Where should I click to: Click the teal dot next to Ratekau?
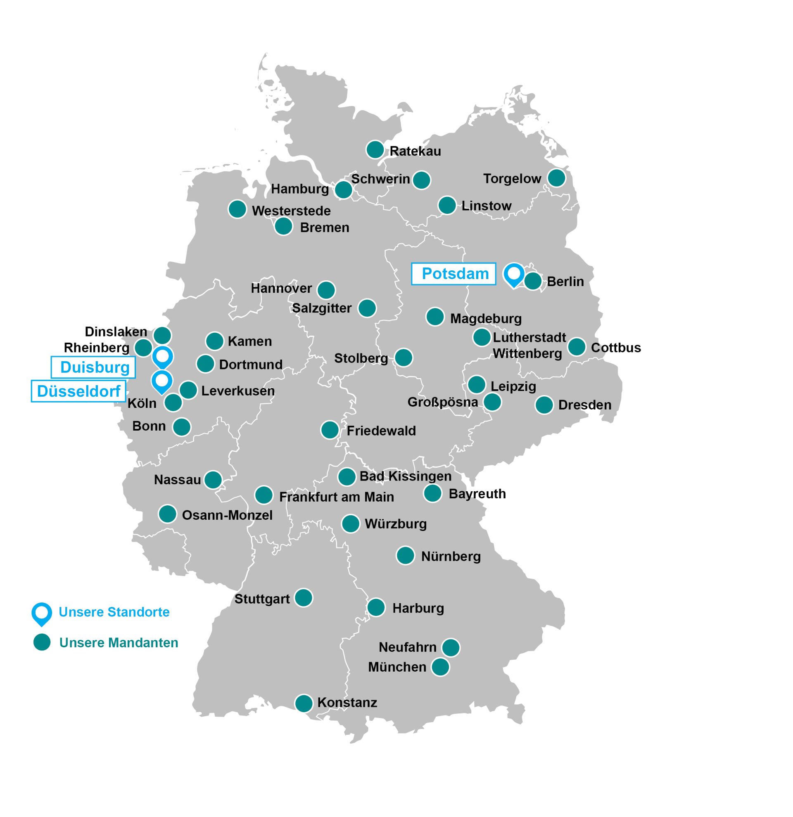(x=375, y=149)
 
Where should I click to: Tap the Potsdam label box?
(x=453, y=274)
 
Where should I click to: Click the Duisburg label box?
(x=93, y=367)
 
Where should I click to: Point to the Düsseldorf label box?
(x=78, y=391)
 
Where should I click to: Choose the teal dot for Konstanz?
(x=304, y=703)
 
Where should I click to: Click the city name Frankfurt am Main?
(x=337, y=497)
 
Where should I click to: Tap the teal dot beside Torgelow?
(x=556, y=178)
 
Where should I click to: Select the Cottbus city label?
(x=616, y=348)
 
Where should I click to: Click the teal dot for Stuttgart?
(x=304, y=598)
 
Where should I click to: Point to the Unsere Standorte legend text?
(x=114, y=612)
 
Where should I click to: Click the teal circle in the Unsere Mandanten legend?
(x=42, y=642)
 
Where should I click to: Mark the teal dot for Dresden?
(x=544, y=405)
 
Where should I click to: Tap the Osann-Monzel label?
(x=227, y=515)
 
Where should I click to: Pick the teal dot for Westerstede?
(x=237, y=209)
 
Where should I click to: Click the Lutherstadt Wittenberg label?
(x=529, y=345)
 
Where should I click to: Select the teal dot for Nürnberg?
(x=405, y=555)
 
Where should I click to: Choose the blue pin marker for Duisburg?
(x=162, y=357)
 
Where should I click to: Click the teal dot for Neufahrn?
(x=451, y=647)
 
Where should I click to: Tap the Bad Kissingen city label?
(x=405, y=476)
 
